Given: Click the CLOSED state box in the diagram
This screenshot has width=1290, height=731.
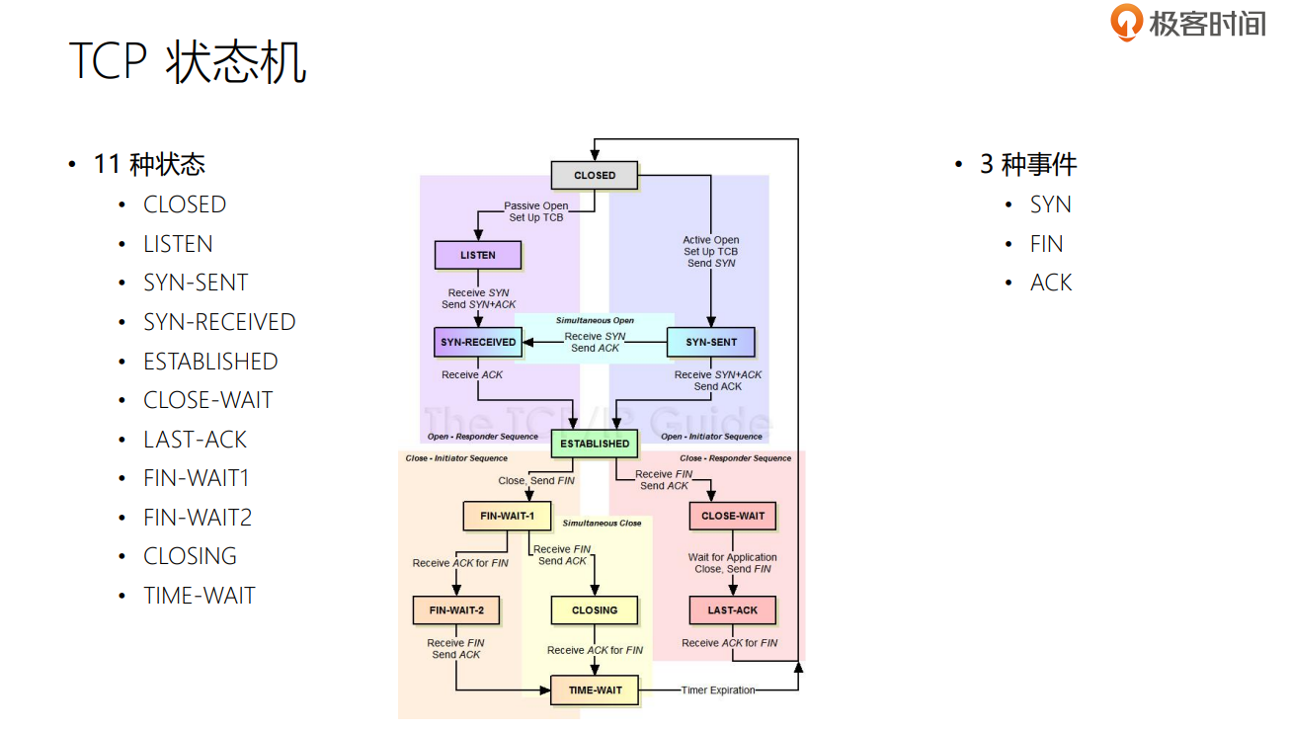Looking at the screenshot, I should [x=594, y=175].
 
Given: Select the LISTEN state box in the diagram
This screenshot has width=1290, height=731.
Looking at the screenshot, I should [x=478, y=255].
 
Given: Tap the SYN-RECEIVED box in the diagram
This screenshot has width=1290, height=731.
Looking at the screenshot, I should [x=478, y=342].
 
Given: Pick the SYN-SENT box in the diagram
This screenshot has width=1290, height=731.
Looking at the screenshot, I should [x=711, y=342].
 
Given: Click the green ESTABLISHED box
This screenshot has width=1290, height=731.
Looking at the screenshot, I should [x=594, y=444].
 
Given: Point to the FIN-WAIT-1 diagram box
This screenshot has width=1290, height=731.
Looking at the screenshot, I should [x=508, y=516].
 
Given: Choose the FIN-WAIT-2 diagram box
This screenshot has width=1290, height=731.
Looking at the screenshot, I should [x=456, y=610].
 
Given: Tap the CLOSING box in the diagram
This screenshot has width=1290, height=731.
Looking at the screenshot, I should [x=594, y=610].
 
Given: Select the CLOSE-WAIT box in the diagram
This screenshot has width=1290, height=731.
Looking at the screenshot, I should [x=733, y=516].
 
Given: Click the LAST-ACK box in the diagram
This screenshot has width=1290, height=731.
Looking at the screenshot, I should [x=733, y=610].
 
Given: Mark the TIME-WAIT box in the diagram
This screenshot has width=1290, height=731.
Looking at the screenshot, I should [x=595, y=690].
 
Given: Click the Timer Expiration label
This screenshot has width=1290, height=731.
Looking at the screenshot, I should [x=718, y=690].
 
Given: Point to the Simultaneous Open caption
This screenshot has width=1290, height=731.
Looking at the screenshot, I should [x=595, y=321].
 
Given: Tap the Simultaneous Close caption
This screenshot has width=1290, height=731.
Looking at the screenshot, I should [x=602, y=523].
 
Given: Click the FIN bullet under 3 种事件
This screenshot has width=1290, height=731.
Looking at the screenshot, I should [x=1046, y=244].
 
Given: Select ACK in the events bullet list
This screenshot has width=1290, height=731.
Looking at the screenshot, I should [x=1051, y=283].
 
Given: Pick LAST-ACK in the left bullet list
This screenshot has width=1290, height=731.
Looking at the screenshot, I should [x=195, y=440].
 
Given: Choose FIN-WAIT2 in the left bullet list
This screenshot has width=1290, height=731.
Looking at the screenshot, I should [x=198, y=518].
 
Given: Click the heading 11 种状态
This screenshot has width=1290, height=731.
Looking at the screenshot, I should [x=149, y=164].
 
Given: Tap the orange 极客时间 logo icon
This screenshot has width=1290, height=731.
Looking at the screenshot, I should [x=1126, y=22].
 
